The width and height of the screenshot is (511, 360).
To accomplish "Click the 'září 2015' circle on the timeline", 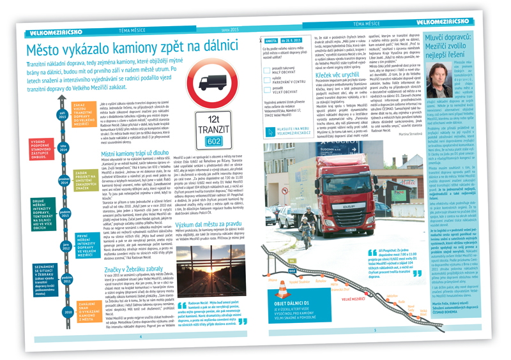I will (63, 116).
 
